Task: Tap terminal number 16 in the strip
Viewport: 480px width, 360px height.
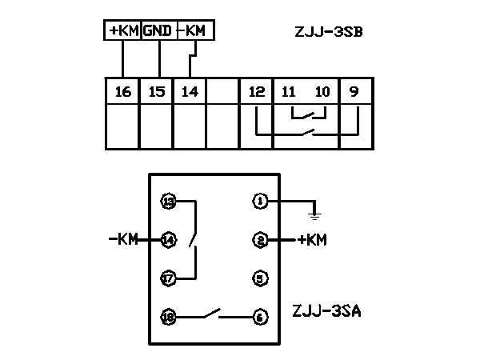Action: tap(122, 91)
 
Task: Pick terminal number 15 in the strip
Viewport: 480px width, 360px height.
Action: tap(157, 91)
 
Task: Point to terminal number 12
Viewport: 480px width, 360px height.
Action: tap(256, 91)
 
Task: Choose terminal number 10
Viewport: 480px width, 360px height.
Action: tap(322, 91)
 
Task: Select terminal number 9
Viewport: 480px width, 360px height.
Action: tap(355, 91)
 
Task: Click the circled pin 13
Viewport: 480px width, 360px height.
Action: tap(168, 201)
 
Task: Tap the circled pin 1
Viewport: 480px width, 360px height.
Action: tap(260, 201)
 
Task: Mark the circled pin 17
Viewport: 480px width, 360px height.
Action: tap(168, 278)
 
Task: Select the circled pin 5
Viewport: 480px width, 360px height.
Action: tap(260, 278)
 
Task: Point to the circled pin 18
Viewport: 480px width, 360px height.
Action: tap(168, 317)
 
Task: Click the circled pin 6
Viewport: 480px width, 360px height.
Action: tap(260, 317)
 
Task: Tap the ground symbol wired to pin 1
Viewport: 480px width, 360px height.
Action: tap(315, 213)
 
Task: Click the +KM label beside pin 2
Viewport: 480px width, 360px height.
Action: tap(311, 239)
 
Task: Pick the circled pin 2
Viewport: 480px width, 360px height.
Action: tap(260, 239)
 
